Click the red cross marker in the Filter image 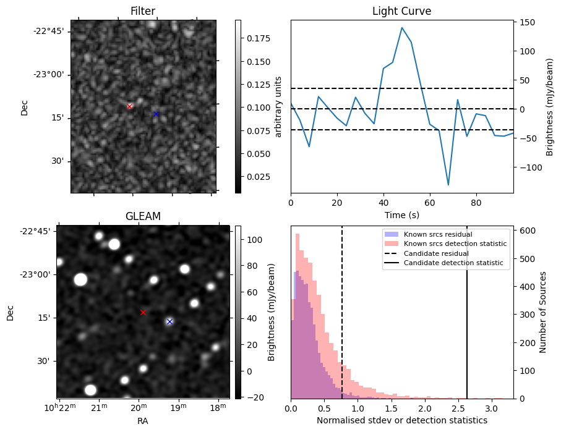pyautogui.click(x=129, y=106)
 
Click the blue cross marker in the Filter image pyautogui.click(x=156, y=114)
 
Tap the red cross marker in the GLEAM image pyautogui.click(x=143, y=312)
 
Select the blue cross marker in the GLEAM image pyautogui.click(x=169, y=321)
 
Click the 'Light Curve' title pyautogui.click(x=401, y=11)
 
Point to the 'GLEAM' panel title pyautogui.click(x=143, y=216)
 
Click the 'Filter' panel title pyautogui.click(x=143, y=11)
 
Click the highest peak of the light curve pyautogui.click(x=401, y=28)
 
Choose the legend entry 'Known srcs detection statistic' pyautogui.click(x=455, y=244)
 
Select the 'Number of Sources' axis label pyautogui.click(x=543, y=311)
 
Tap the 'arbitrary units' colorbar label pyautogui.click(x=278, y=106)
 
